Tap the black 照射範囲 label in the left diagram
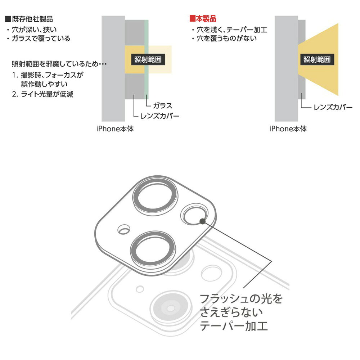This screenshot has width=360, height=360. pyautogui.click(x=148, y=60)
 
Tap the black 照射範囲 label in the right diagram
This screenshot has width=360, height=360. pyautogui.click(x=317, y=60)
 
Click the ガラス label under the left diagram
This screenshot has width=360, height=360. pyautogui.click(x=163, y=105)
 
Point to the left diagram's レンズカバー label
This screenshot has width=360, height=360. pyautogui.click(x=160, y=116)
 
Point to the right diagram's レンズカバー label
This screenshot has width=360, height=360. pyautogui.click(x=333, y=107)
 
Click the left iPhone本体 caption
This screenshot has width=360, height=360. pyautogui.click(x=115, y=129)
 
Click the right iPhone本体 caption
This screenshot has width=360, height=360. pyautogui.click(x=288, y=129)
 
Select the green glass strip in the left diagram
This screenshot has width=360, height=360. pyautogui.click(x=146, y=59)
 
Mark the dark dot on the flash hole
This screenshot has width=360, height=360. pyautogui.click(x=202, y=221)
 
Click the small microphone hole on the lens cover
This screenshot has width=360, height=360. pyautogui.click(x=124, y=230)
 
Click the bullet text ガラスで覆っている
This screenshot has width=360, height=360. pyautogui.click(x=41, y=39)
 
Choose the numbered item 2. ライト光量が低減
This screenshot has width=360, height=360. pyautogui.click(x=43, y=94)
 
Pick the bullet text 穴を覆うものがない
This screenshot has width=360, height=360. pyautogui.click(x=226, y=39)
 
